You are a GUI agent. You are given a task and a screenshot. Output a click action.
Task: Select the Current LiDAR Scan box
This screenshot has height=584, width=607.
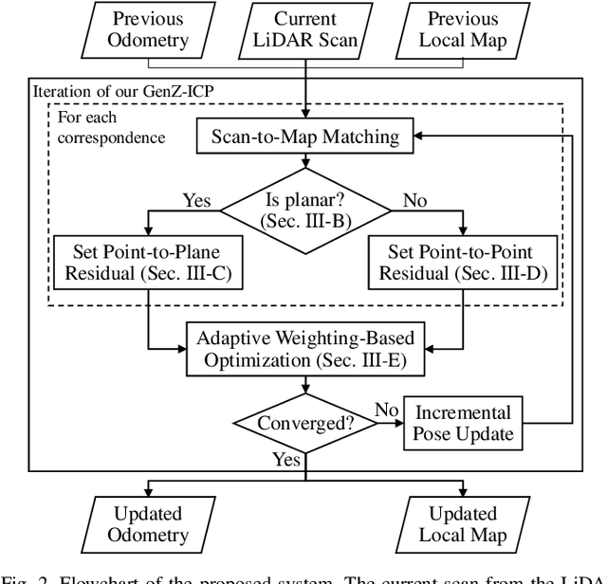tap(304, 30)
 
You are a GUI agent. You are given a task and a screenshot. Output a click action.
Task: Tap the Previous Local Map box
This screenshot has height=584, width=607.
tap(463, 30)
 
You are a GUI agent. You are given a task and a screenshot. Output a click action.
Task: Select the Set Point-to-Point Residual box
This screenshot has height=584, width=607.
tap(463, 262)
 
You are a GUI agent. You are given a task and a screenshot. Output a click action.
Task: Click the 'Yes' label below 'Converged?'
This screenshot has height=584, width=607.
tap(286, 460)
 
